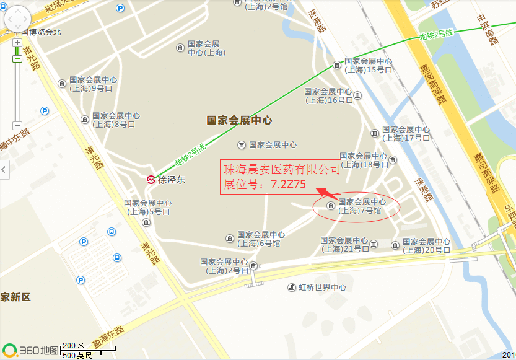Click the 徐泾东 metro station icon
(151, 180)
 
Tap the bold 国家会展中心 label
(239, 120)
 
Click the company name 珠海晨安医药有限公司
(282, 169)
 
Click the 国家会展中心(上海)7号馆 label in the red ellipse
(362, 206)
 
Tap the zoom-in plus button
(17, 43)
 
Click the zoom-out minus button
(17, 125)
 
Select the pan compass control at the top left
(17, 20)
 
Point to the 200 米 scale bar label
(74, 345)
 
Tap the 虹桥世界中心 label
(321, 288)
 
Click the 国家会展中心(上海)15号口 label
(368, 66)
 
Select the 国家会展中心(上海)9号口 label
(93, 84)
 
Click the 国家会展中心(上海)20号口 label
(426, 245)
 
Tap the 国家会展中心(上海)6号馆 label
(261, 239)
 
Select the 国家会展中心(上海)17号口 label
(406, 134)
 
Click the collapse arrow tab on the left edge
(4, 169)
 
